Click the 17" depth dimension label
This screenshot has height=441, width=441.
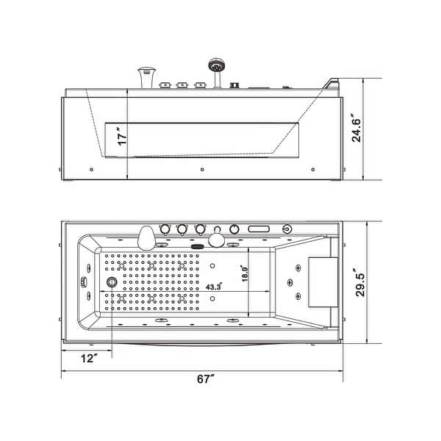(121, 137)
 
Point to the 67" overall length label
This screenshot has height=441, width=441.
(207, 380)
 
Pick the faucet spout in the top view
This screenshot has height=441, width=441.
(147, 236)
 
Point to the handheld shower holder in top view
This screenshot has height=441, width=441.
(217, 239)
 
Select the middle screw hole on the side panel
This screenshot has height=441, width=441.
(201, 169)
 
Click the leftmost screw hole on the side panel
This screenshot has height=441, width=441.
(90, 169)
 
